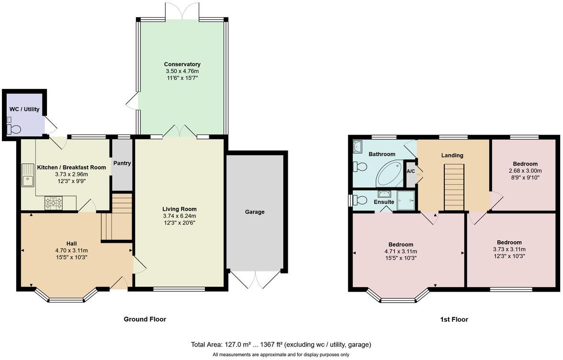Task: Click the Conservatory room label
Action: [x=182, y=64]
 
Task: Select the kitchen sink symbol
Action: [x=27, y=176]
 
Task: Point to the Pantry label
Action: [x=122, y=163]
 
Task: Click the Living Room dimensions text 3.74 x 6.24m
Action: [x=180, y=216]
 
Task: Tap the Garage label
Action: [x=255, y=212]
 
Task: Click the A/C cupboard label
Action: [x=410, y=171]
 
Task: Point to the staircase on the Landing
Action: [x=454, y=187]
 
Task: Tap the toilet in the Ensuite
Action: [x=360, y=200]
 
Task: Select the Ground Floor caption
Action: [x=145, y=319]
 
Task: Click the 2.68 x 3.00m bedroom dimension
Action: [x=525, y=170]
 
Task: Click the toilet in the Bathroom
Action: [x=360, y=167]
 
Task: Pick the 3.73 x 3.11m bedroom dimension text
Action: [x=509, y=249]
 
